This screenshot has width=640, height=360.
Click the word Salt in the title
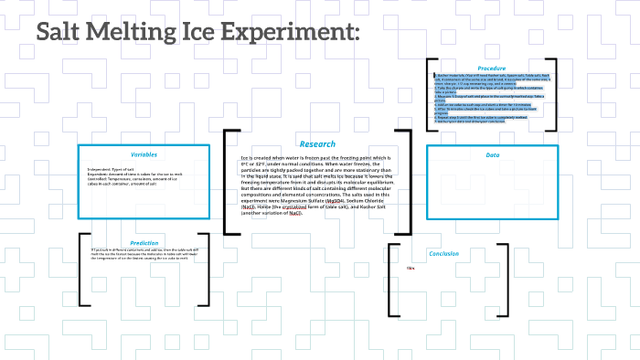coord(67,33)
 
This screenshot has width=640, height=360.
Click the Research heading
coord(317,144)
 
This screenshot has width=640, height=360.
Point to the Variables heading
coord(144,154)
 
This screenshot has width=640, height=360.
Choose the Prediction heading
coord(144,243)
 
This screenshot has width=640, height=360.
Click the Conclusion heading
coord(443,253)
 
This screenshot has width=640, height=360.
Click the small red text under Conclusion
coord(411,268)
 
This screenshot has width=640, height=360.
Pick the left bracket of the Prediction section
coord(83,270)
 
